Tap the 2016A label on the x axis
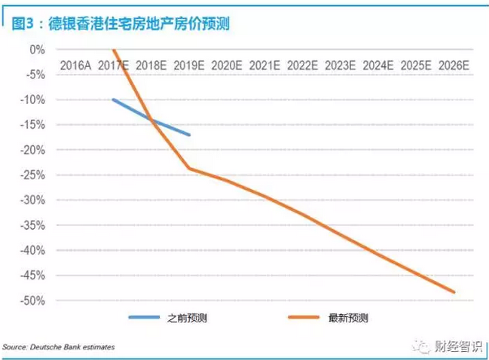click(75, 66)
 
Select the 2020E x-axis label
click(227, 66)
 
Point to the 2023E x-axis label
click(341, 66)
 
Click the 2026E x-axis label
click(454, 66)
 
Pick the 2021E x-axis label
click(264, 66)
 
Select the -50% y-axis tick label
click(35, 301)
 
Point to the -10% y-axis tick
click(35, 99)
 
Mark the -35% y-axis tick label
click(35, 225)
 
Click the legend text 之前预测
click(188, 318)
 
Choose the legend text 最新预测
click(348, 318)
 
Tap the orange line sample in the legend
click(310, 318)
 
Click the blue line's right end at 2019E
click(190, 135)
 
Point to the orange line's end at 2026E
click(454, 292)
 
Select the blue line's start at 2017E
click(113, 99)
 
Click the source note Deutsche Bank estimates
click(59, 347)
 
